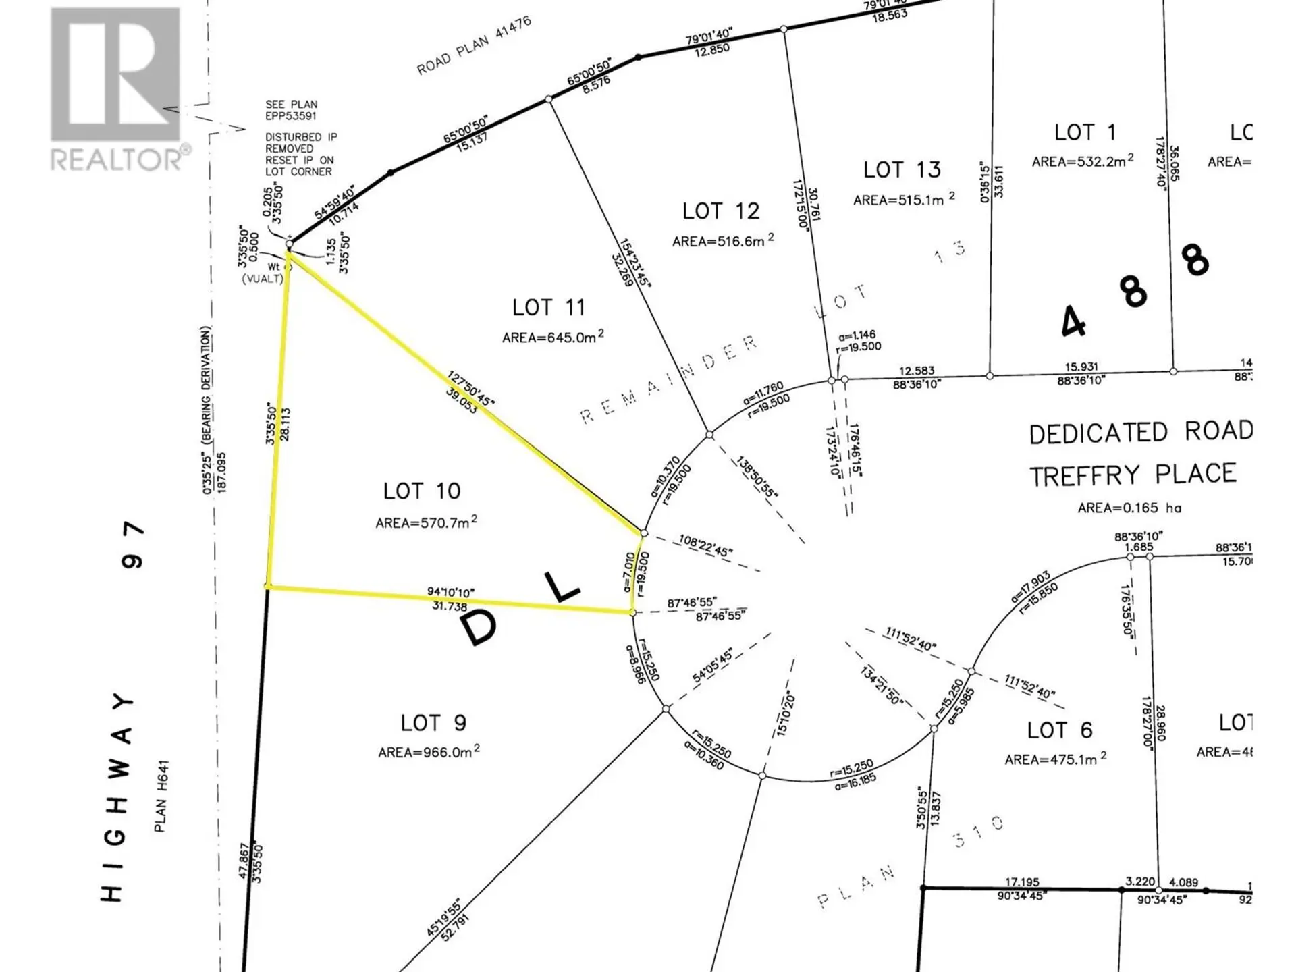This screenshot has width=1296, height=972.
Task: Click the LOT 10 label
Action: pyautogui.click(x=422, y=491)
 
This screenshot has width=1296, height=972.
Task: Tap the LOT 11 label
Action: pyautogui.click(x=548, y=308)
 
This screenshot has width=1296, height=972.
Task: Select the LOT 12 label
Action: pyautogui.click(x=721, y=211)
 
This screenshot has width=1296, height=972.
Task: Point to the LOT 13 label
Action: pyautogui.click(x=902, y=169)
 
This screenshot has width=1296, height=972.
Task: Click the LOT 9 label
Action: pyautogui.click(x=433, y=723)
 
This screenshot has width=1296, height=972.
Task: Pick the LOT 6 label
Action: pyautogui.click(x=1059, y=730)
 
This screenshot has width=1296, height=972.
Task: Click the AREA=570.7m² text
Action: pyautogui.click(x=426, y=522)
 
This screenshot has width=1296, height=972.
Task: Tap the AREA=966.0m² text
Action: pyautogui.click(x=429, y=752)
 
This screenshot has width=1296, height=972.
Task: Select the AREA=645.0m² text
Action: pyautogui.click(x=553, y=337)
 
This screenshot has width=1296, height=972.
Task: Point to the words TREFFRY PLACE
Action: pyautogui.click(x=1133, y=475)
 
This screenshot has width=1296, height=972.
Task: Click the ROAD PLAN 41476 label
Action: pyautogui.click(x=474, y=45)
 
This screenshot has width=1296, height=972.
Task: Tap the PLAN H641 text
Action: pyautogui.click(x=161, y=796)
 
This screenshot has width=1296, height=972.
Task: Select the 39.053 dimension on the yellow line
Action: pyautogui.click(x=461, y=403)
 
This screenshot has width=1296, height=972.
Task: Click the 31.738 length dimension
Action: pyautogui.click(x=450, y=606)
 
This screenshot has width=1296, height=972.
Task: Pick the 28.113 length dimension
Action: pyautogui.click(x=286, y=424)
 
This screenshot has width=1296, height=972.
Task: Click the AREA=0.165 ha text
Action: pyautogui.click(x=1129, y=508)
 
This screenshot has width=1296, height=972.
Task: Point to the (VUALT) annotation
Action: pyautogui.click(x=263, y=279)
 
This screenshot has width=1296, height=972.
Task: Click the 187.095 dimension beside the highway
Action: pyautogui.click(x=221, y=472)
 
